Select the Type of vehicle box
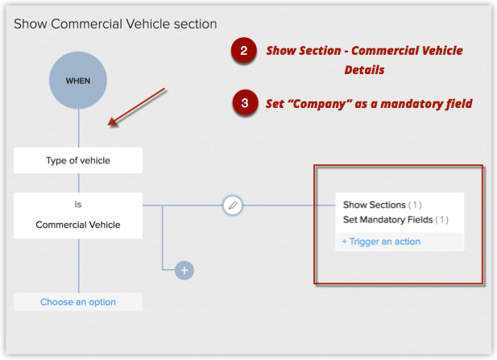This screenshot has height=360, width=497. pos(78,160)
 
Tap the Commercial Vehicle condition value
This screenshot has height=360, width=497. pos(78,225)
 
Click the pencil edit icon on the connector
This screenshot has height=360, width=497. pos(233,205)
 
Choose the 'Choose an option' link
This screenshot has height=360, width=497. pos(78,302)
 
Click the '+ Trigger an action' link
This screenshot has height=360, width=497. pos(381,242)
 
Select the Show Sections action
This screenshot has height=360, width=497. pos(374,205)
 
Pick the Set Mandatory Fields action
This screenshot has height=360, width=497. pos(387,219)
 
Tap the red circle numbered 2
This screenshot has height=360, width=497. pos(243,52)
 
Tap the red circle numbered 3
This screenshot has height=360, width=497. pos(243,103)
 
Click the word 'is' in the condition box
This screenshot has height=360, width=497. pos(78,205)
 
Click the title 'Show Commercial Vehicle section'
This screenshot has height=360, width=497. pos(115,24)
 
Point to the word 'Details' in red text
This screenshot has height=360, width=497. pos(364,70)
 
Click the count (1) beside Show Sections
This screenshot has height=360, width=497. pos(415,205)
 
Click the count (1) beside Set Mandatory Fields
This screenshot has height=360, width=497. pos(442,219)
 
